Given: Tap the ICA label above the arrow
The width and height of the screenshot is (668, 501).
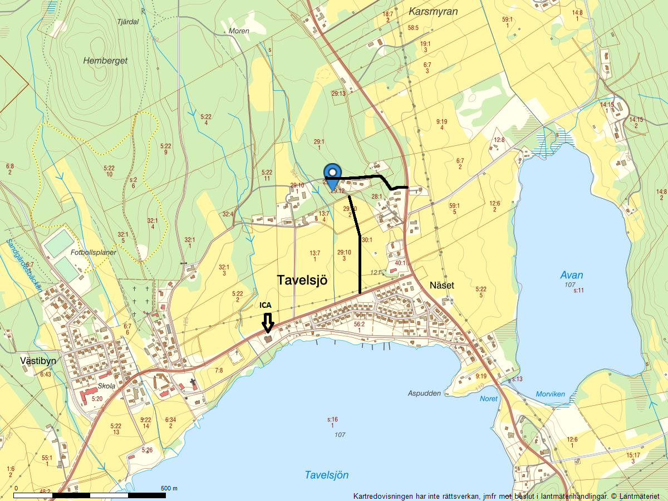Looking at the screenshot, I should (x=266, y=305).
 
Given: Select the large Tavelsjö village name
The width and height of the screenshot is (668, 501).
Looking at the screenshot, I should (x=302, y=281).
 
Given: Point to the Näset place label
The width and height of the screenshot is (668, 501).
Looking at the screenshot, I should (x=442, y=286).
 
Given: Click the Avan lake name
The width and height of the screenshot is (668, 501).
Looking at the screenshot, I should (x=572, y=275).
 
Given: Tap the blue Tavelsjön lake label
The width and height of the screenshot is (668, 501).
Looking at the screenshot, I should (x=327, y=475).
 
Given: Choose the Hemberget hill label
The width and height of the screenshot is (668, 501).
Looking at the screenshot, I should (x=105, y=61).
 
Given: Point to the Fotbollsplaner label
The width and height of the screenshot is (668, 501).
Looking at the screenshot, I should (x=94, y=252).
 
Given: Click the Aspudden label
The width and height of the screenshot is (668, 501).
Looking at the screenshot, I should (x=424, y=393).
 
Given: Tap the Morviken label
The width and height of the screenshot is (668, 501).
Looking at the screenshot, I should (x=550, y=394).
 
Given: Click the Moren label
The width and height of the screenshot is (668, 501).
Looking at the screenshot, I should (x=239, y=31).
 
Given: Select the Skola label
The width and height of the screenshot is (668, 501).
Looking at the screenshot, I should (x=106, y=386).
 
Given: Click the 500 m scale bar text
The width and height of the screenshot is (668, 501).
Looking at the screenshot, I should (x=169, y=488).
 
